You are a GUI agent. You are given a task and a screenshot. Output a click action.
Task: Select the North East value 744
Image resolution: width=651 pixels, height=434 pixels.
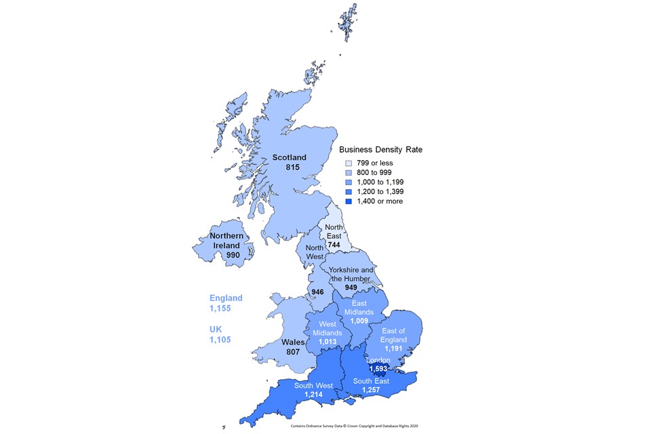(x=334, y=244)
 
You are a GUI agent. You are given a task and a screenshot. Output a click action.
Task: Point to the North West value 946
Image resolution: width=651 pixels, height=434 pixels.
(x=316, y=292)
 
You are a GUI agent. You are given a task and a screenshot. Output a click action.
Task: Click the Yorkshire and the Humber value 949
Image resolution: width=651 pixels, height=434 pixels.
(x=350, y=288)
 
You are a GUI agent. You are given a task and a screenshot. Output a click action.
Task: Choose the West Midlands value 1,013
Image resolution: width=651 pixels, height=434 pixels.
(x=328, y=342)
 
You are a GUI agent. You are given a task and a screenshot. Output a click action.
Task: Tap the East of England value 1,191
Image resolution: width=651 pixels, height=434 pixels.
(x=393, y=349)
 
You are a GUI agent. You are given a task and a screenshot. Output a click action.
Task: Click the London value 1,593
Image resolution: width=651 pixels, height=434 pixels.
(x=378, y=370)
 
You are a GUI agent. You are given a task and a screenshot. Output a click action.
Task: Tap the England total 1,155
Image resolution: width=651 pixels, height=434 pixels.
(x=221, y=309)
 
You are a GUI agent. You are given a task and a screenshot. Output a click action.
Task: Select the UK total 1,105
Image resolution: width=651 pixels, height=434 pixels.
(x=221, y=340)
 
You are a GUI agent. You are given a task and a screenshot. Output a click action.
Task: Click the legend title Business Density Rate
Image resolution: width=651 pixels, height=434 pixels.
(x=381, y=149)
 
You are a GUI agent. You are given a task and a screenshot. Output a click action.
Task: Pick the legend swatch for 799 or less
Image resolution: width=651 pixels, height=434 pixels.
(x=349, y=163)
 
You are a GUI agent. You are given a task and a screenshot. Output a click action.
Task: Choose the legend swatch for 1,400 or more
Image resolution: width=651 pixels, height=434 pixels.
(x=349, y=201)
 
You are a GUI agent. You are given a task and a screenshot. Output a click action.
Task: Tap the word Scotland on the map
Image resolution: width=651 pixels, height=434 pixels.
(x=290, y=157)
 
